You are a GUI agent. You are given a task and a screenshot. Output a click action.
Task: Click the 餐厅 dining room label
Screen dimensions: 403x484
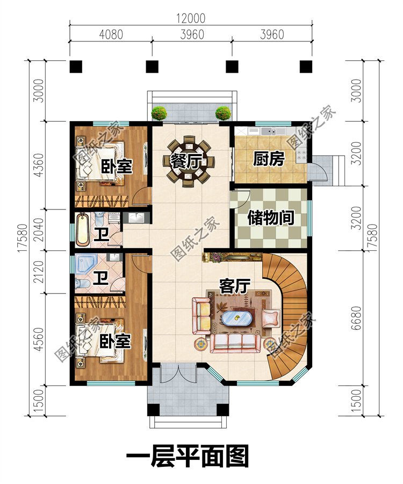(186, 162)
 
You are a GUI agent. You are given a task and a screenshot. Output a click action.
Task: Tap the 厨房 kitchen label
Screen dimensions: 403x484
(269, 159)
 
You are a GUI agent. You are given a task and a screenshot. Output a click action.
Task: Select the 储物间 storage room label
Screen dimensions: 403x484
(271, 218)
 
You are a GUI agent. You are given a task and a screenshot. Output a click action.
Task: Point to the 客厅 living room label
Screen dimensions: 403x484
(235, 286)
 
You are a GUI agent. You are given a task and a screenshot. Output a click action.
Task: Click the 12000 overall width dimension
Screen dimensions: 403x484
(191, 18)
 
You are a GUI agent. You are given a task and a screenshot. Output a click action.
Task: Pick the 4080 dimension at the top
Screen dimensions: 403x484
(111, 34)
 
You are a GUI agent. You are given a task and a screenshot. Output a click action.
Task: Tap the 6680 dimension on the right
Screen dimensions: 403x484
(356, 318)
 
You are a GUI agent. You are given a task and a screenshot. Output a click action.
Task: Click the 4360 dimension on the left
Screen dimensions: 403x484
(39, 165)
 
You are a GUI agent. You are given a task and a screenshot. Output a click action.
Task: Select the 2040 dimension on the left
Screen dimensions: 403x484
(39, 230)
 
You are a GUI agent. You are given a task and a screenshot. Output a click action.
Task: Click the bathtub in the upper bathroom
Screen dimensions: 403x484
(83, 230)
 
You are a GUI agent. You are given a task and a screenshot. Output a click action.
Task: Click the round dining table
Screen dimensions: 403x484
(189, 162)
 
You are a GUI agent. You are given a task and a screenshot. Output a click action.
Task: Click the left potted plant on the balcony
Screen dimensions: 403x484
(160, 113)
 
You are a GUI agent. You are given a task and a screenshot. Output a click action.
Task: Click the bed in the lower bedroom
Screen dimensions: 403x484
(100, 339)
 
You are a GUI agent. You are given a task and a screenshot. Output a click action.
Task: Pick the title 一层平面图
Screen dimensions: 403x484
(188, 455)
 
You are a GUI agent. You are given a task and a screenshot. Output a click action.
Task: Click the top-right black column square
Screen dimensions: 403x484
(306, 67)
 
